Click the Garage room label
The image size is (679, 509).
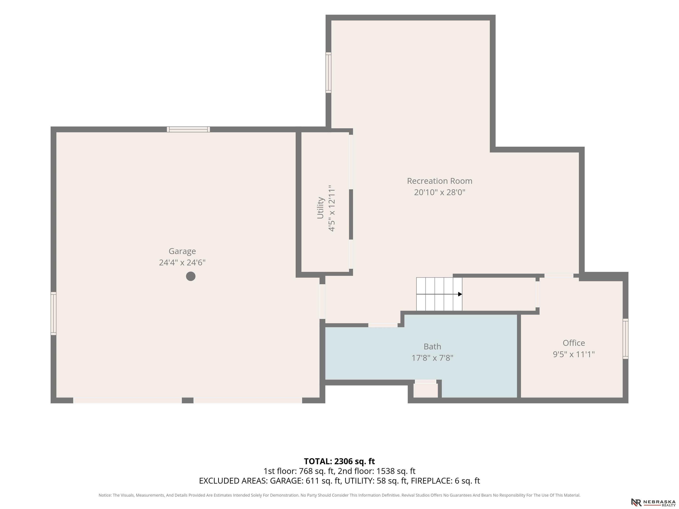click(x=182, y=251)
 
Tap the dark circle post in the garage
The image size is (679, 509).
click(x=191, y=276)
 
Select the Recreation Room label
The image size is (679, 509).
click(x=440, y=181)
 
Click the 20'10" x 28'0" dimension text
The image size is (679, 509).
click(x=440, y=192)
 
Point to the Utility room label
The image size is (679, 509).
click(x=320, y=208)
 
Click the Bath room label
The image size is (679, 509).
click(x=432, y=346)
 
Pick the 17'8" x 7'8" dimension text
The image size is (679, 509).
click(x=432, y=358)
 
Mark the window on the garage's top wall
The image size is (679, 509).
click(x=189, y=129)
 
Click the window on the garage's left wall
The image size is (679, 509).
click(x=53, y=313)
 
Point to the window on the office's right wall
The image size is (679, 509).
click(x=625, y=339)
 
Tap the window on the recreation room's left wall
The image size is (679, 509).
click(x=328, y=72)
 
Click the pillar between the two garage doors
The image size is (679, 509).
click(x=188, y=400)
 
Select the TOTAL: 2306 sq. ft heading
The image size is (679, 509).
click(x=339, y=461)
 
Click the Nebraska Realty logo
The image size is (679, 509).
click(x=653, y=502)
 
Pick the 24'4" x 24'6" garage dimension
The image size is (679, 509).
click(x=182, y=263)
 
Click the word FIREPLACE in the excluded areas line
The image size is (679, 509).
click(x=432, y=481)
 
